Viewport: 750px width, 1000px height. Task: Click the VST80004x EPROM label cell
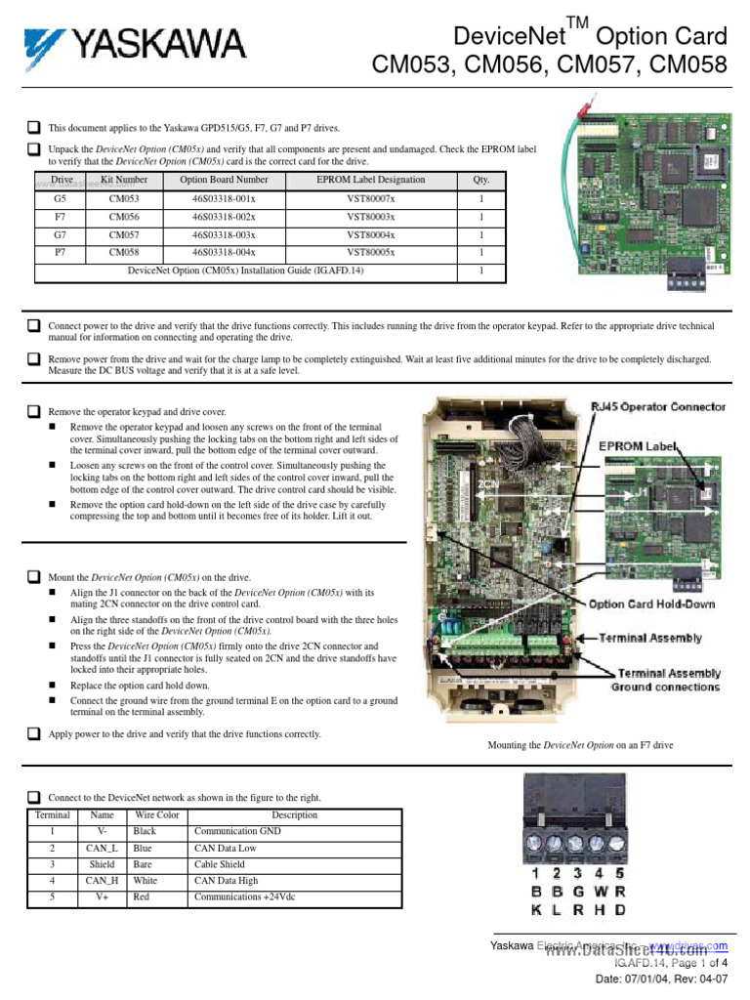click(370, 234)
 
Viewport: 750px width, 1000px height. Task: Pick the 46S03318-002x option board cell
click(224, 217)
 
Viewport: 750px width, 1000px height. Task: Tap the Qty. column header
click(480, 180)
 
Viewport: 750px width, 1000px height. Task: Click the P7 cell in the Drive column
click(61, 252)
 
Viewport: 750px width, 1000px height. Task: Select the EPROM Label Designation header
click(370, 180)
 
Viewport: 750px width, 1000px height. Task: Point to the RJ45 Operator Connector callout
click(657, 406)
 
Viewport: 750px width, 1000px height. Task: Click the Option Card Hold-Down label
click(650, 604)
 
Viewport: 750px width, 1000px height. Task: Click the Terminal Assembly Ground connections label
click(665, 680)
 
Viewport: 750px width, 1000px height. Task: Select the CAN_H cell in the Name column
click(102, 881)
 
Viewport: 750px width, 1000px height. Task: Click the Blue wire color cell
click(145, 849)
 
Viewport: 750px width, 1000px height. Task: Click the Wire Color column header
click(157, 815)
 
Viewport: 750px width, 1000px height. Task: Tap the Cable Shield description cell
click(220, 864)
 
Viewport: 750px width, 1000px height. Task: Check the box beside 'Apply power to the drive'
click(34, 734)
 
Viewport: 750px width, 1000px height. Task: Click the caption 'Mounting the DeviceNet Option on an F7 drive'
click(580, 745)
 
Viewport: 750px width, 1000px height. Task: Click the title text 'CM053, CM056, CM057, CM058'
click(550, 65)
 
